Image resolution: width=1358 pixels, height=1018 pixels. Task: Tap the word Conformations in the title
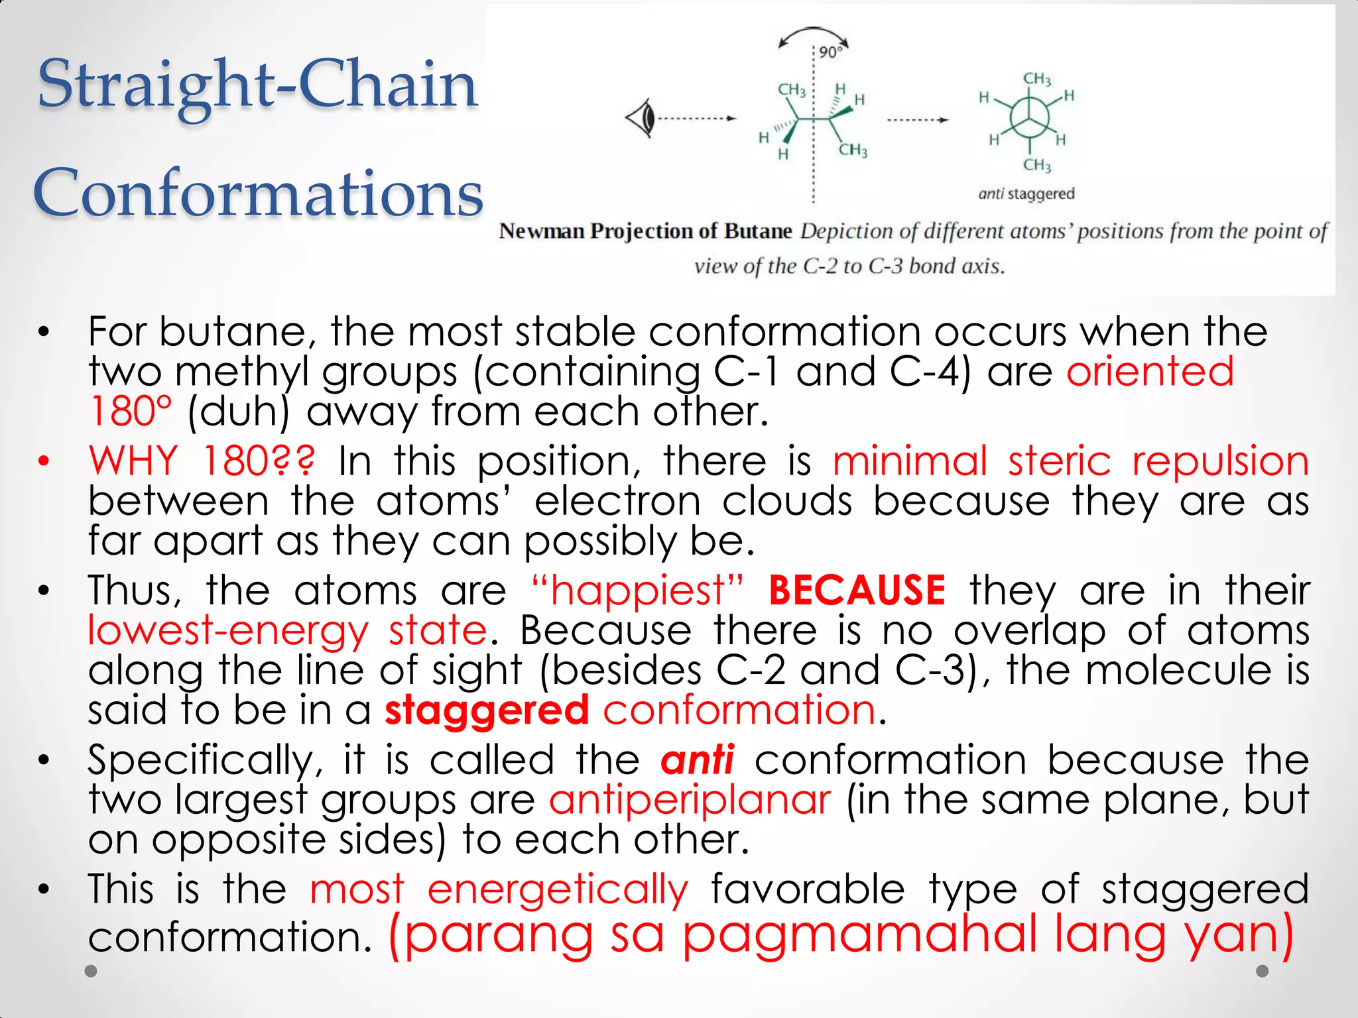[259, 194]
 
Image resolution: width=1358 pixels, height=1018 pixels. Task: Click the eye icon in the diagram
[641, 119]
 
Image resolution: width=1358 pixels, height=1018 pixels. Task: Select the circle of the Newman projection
[1029, 117]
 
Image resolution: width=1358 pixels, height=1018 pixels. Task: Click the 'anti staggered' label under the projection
[1026, 194]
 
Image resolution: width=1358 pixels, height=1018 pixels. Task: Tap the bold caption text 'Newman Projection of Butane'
[645, 231]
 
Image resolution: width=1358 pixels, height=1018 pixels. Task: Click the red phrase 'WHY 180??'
[202, 460]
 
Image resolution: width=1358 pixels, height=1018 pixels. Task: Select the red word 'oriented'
[1150, 371]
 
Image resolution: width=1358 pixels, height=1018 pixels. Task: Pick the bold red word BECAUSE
[857, 590]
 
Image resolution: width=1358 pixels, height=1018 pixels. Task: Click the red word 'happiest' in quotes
[638, 590]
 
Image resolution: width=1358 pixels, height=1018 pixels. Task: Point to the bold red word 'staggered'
[487, 710]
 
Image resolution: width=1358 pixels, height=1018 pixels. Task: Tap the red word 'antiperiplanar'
[690, 799]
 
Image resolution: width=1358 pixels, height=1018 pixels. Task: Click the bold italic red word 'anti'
[697, 760]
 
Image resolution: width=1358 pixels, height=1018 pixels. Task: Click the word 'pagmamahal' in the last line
[859, 934]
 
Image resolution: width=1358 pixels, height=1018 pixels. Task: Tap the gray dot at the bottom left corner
[92, 971]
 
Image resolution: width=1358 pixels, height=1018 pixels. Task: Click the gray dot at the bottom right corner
[1263, 971]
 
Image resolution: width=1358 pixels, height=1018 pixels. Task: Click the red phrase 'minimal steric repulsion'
[1070, 460]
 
